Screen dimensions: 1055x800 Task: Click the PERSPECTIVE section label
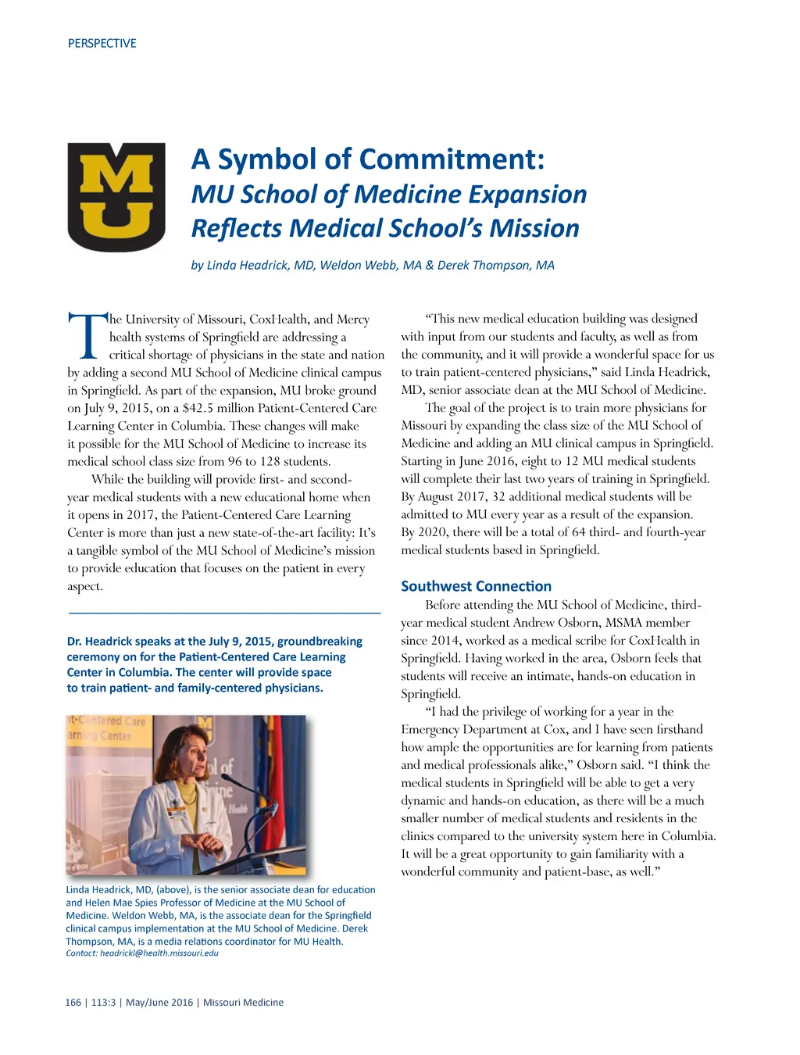pos(102,44)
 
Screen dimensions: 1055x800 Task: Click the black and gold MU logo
pos(116,197)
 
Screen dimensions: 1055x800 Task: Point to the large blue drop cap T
pos(87,336)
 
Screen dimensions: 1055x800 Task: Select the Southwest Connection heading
pos(476,586)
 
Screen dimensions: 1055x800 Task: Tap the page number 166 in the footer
pos(73,1003)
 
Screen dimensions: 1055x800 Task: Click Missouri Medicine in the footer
pos(243,1003)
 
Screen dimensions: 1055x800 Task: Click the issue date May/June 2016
pos(159,1003)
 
